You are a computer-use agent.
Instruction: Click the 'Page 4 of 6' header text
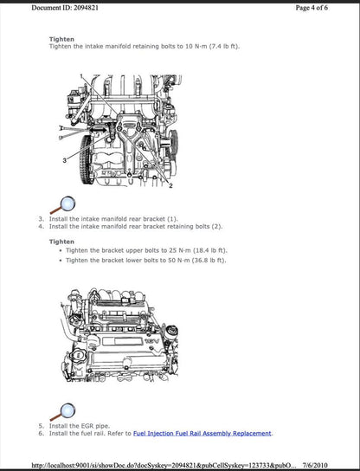[x=325, y=7]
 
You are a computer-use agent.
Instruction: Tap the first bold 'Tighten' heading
[x=61, y=39]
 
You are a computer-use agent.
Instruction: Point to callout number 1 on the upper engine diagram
[x=85, y=77]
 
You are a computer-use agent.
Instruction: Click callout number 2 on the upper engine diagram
[x=170, y=186]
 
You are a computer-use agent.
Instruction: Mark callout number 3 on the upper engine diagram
[x=64, y=162]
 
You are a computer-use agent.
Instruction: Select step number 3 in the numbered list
[x=41, y=219]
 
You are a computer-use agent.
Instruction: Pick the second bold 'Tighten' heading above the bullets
[x=61, y=242]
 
